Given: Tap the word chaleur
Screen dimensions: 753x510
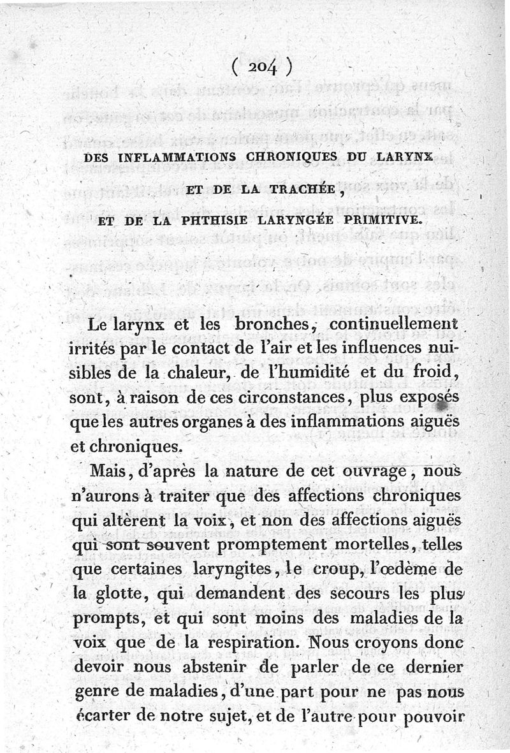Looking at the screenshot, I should [x=204, y=372].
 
